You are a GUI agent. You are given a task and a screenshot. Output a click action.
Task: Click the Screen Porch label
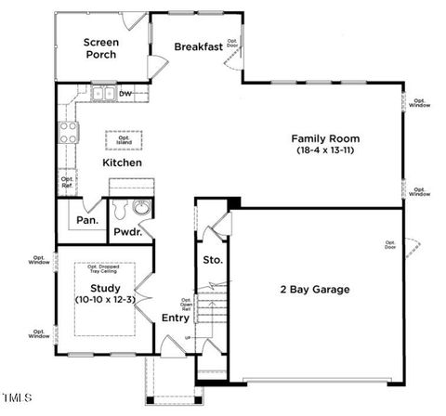click(x=100, y=48)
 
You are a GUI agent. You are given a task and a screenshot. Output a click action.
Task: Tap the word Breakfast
click(x=199, y=47)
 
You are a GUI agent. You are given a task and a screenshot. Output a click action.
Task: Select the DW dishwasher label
click(x=125, y=94)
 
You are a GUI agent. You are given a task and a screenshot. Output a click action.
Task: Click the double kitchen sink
click(x=103, y=94)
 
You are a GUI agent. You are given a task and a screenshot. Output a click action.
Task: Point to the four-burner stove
click(x=67, y=132)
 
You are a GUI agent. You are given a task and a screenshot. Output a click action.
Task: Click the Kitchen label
click(x=122, y=163)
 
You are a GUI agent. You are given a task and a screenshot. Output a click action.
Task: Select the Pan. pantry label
click(x=87, y=221)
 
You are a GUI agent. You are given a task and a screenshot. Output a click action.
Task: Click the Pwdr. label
click(x=127, y=232)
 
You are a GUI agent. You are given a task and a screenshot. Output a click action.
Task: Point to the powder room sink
click(x=142, y=208)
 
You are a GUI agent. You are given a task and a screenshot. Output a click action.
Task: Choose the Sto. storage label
click(x=213, y=260)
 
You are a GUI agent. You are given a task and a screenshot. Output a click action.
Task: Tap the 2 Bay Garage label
click(x=315, y=290)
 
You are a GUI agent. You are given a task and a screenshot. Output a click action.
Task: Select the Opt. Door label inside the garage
click(x=390, y=245)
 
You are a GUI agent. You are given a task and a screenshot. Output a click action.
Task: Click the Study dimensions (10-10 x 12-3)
click(x=105, y=300)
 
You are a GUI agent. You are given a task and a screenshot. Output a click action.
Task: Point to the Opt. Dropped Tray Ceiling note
click(x=102, y=269)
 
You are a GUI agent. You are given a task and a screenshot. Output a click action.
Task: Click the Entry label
click(x=176, y=318)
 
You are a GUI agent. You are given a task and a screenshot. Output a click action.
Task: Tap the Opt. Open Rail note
click(x=187, y=306)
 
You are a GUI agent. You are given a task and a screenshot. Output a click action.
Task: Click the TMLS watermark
click(x=17, y=397)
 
